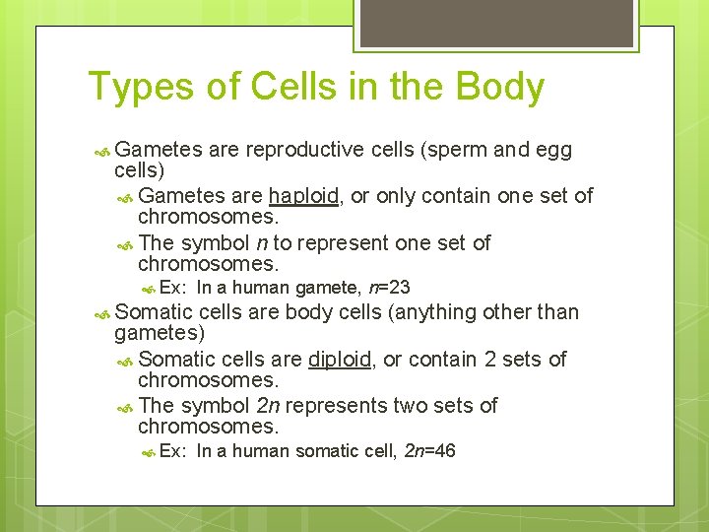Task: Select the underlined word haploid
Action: (x=304, y=196)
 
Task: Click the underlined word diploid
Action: (x=340, y=360)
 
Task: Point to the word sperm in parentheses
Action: (x=459, y=150)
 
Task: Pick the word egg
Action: (x=553, y=150)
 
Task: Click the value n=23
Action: (x=388, y=289)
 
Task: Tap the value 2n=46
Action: (x=430, y=452)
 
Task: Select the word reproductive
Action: (x=305, y=150)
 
